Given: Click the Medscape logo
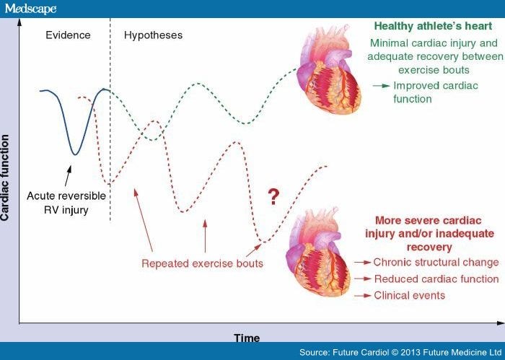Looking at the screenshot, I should pyautogui.click(x=30, y=8).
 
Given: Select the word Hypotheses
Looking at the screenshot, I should pyautogui.click(x=153, y=34).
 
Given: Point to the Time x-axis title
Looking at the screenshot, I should pyautogui.click(x=247, y=338).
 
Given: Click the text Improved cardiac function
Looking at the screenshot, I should pyautogui.click(x=423, y=92).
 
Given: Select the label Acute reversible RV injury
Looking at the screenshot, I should pyautogui.click(x=66, y=203).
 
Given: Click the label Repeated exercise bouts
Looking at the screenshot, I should pyautogui.click(x=203, y=263).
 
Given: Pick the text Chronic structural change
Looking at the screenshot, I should pyautogui.click(x=436, y=262).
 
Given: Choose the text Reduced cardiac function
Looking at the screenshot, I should pyautogui.click(x=436, y=278).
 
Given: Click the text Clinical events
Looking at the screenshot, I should pyautogui.click(x=409, y=295).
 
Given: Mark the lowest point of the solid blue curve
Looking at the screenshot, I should pyautogui.click(x=74, y=154).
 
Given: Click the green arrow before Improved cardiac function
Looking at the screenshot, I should pyautogui.click(x=381, y=85).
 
